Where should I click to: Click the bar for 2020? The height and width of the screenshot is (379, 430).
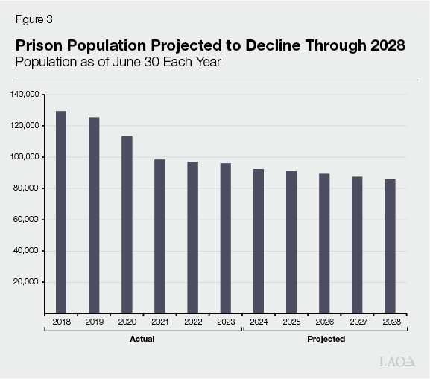coord(127,225)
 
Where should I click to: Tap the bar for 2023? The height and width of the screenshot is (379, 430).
coord(225,238)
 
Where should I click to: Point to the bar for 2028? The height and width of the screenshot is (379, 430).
coord(390,246)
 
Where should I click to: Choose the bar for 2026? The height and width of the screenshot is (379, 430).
coord(324,243)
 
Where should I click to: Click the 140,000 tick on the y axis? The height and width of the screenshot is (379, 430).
coord(27,95)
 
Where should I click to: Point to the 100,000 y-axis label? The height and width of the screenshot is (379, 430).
coord(27,157)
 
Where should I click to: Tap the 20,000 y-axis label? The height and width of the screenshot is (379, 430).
coord(29,282)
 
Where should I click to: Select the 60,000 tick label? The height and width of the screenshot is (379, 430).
coord(29,220)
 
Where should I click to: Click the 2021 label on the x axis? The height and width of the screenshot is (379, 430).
coord(159,322)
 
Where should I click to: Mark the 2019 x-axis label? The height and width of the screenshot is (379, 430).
coord(94,322)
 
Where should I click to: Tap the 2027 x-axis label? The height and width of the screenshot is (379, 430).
coord(357,322)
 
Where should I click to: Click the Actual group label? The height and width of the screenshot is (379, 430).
coord(143,340)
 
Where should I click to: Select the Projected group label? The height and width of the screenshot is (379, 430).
coord(326,340)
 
